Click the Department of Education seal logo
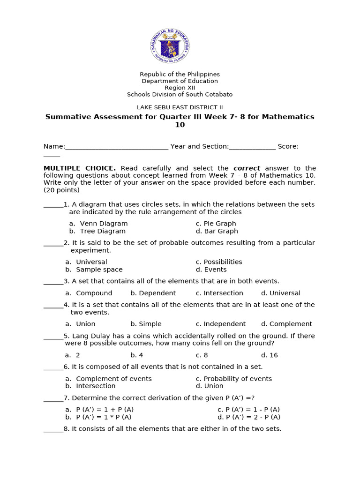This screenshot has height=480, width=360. (x=170, y=45)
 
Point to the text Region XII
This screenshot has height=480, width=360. (x=180, y=88)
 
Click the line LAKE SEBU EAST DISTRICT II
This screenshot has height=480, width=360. (x=180, y=107)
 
